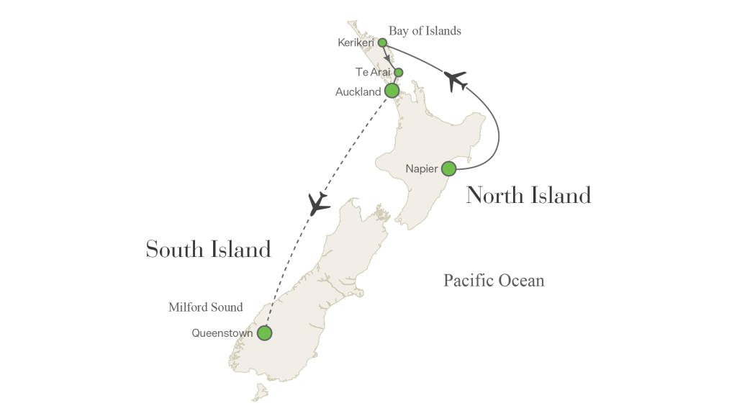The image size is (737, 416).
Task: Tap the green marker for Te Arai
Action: [x=398, y=72]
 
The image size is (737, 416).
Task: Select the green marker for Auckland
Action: [x=392, y=91]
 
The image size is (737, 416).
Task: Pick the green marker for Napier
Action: [x=448, y=168]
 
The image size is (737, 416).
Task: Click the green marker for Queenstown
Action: [x=265, y=333]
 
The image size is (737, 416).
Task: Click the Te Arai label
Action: [x=372, y=72]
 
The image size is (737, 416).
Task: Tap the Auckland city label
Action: [x=358, y=91]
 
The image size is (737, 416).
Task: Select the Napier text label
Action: [x=421, y=168]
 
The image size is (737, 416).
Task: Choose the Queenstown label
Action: [x=222, y=333]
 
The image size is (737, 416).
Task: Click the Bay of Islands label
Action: [x=425, y=31]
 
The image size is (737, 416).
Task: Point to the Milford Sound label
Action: [x=205, y=307]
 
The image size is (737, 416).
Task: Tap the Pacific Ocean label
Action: [x=494, y=280]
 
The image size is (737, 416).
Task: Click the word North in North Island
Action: [x=494, y=195]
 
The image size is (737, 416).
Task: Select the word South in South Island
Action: [x=175, y=249]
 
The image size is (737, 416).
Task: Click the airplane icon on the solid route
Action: [x=456, y=80]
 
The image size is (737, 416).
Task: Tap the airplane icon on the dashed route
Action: [x=317, y=204]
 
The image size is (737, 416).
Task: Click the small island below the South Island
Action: [x=258, y=393]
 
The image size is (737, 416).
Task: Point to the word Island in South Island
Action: [x=241, y=249]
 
